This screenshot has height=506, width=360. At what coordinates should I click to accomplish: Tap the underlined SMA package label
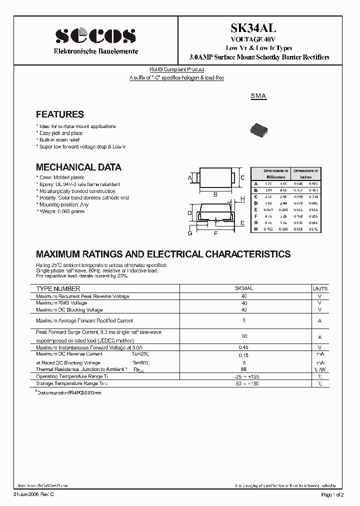tap(258, 96)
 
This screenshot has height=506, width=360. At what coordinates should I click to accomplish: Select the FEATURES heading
tap(60, 114)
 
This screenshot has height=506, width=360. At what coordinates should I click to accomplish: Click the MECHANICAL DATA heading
tap(78, 167)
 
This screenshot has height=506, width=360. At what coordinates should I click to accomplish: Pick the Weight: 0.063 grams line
tap(60, 211)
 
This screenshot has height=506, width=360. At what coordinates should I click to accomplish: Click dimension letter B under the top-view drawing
tap(215, 194)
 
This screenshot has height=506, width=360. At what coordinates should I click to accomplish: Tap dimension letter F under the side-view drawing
tap(215, 233)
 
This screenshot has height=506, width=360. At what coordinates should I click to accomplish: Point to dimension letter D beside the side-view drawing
tap(189, 213)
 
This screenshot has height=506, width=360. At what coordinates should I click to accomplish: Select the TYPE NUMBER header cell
tap(58, 289)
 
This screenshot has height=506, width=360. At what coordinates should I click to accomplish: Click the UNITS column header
tap(320, 289)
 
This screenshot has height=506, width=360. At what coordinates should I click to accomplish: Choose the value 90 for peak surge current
tap(244, 336)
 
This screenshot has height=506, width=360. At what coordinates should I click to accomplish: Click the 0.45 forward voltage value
tap(244, 347)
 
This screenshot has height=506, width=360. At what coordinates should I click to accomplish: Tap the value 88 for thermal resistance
tap(244, 369)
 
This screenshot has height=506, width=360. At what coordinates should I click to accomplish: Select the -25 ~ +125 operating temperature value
tap(244, 376)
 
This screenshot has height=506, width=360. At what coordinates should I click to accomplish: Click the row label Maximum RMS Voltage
tap(61, 303)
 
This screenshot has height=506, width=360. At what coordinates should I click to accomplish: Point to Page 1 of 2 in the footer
tap(331, 494)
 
